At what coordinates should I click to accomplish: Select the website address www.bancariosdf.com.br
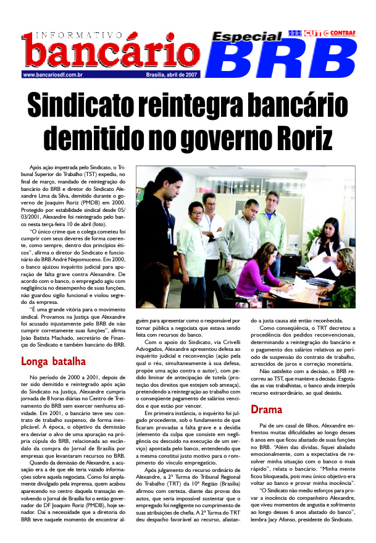click(x=53, y=75)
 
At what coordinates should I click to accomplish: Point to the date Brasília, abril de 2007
click(x=172, y=75)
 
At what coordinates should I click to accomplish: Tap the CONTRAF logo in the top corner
click(x=341, y=32)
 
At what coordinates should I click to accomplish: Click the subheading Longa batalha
click(x=53, y=361)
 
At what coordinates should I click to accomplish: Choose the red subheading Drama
click(x=266, y=392)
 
